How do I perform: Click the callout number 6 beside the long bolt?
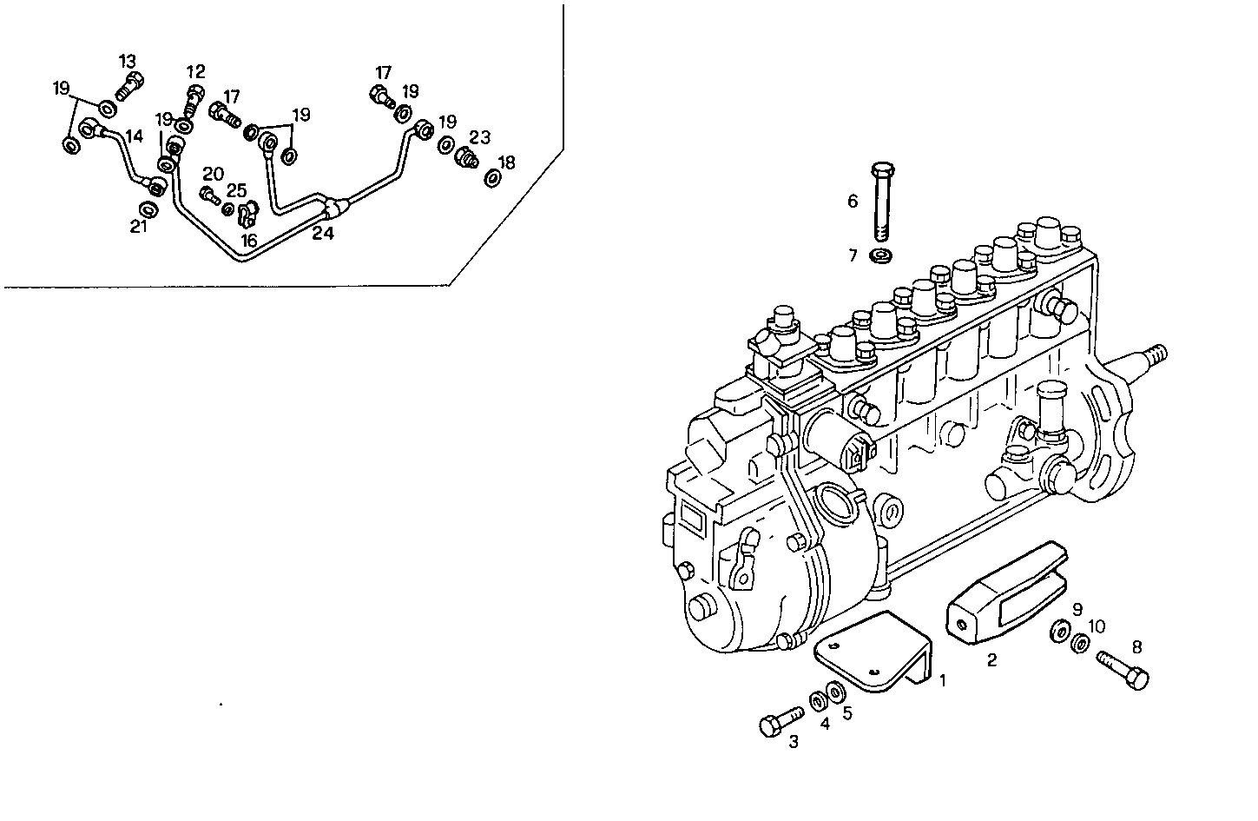853,202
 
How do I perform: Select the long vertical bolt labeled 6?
880,201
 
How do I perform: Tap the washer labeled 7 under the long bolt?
882,255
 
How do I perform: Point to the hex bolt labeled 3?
782,723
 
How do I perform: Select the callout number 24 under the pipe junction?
323,233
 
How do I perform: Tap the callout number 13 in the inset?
128,61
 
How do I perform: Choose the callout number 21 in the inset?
139,227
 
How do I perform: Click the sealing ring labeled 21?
148,210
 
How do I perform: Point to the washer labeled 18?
492,178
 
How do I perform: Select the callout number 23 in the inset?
480,137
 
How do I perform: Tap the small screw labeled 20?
209,194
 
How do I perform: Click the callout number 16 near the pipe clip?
249,241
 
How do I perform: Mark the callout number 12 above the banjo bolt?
196,71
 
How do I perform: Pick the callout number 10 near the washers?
1097,626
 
